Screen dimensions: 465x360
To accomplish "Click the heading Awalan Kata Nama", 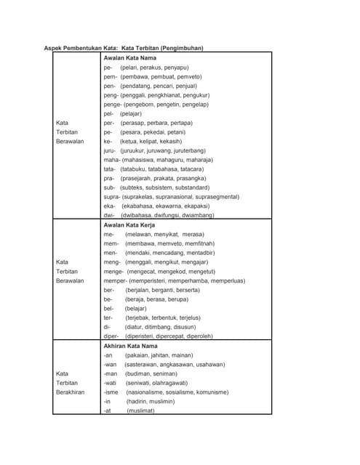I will tap(130, 57).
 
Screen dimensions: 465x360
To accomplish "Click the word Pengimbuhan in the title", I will tap(177, 48).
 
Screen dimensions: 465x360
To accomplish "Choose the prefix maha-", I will tap(111, 160).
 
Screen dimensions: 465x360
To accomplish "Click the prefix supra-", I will tap(112, 196).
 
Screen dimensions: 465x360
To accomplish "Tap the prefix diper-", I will tap(111, 336).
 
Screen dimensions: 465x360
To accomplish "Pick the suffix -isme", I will tap(111, 392).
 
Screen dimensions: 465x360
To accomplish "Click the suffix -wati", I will tap(111, 383).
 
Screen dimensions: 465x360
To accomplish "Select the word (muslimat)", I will tap(140, 411).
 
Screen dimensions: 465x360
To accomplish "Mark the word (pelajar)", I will tap(131, 113).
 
